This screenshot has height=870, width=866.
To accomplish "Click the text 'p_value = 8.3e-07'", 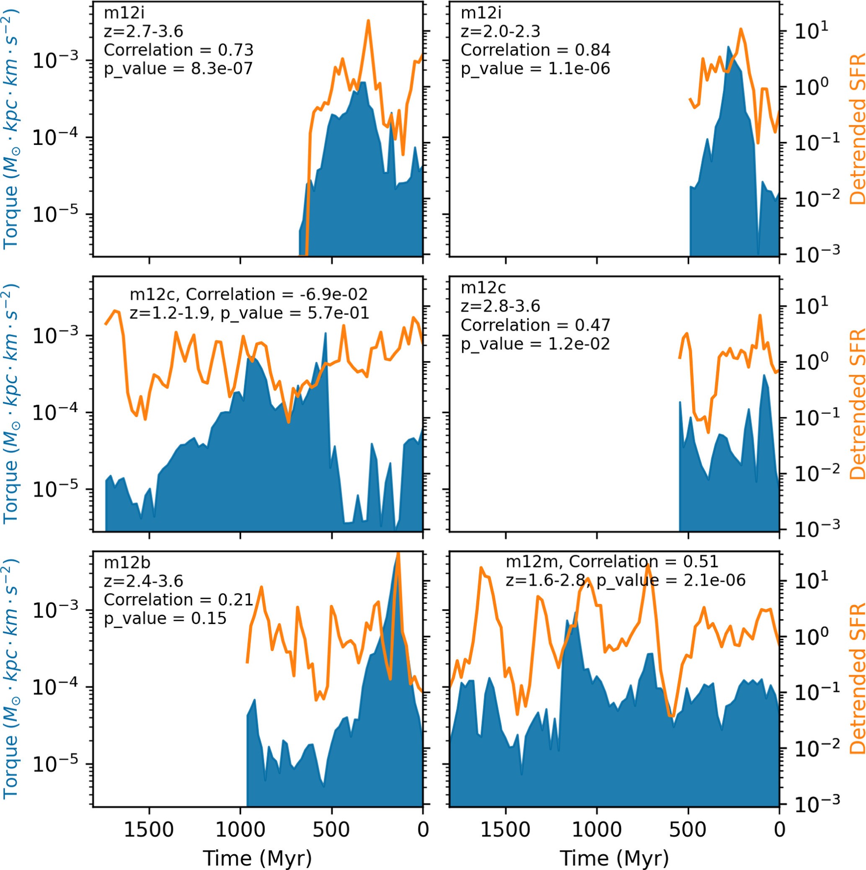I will pyautogui.click(x=178, y=68).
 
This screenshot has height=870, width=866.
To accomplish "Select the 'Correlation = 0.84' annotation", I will pyautogui.click(x=535, y=49).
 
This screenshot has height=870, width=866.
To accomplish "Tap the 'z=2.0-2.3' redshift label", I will pyautogui.click(x=500, y=31).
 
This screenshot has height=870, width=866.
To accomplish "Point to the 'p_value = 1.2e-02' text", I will pyautogui.click(x=535, y=344).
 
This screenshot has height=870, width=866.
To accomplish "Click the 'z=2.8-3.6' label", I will pyautogui.click(x=500, y=306).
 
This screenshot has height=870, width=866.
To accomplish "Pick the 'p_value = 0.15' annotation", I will pyautogui.click(x=165, y=618).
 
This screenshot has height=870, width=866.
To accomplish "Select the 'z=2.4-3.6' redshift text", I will pyautogui.click(x=143, y=581).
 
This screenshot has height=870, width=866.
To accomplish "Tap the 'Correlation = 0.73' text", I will pyautogui.click(x=178, y=49).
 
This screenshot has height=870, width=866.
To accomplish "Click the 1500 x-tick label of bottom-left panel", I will pyautogui.click(x=149, y=830).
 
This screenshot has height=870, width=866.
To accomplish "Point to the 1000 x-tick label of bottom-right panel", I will pyautogui.click(x=597, y=830).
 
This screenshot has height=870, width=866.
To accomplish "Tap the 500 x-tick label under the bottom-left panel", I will pyautogui.click(x=331, y=830).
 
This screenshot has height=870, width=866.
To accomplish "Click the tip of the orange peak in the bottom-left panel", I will pyautogui.click(x=398, y=553).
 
